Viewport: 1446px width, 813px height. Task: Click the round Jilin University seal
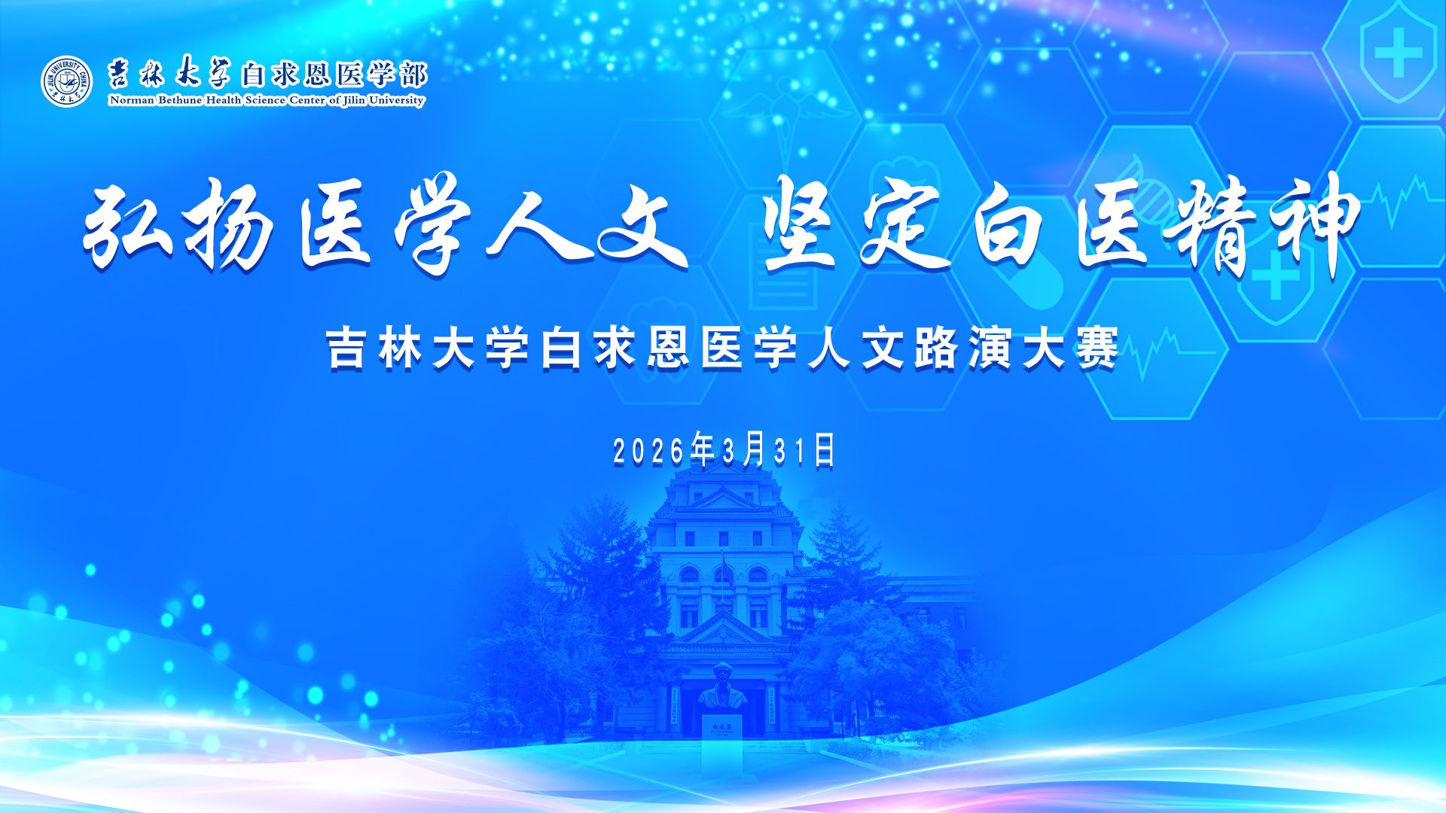(x=67, y=81)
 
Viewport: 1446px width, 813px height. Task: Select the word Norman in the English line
(x=132, y=100)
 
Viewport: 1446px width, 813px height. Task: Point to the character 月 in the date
(x=754, y=449)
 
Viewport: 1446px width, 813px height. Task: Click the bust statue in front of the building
(x=722, y=686)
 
